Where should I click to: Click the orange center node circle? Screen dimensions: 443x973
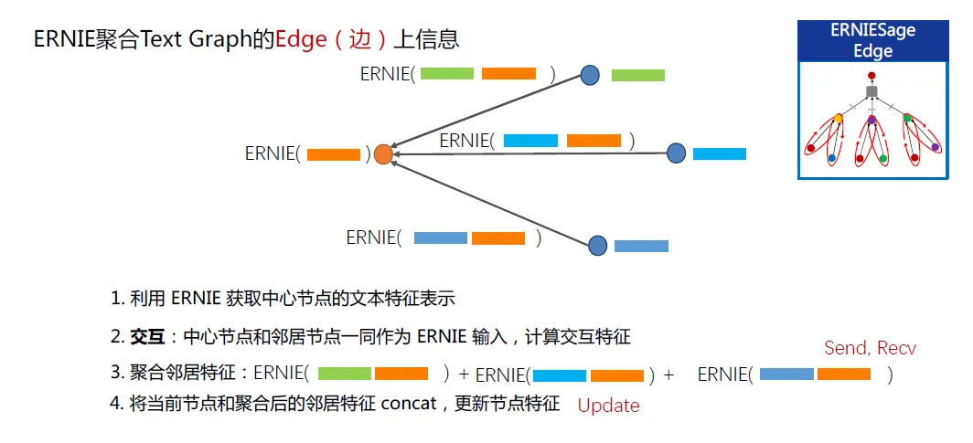coord(383,154)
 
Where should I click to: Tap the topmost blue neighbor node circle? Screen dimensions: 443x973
coord(591,75)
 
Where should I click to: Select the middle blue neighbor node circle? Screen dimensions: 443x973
coord(676,153)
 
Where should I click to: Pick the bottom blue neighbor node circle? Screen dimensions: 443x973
coord(598,245)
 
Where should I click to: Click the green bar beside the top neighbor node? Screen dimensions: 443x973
coord(637,76)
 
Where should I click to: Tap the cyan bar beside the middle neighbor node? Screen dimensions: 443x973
coord(720,153)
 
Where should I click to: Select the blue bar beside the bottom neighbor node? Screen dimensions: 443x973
coord(641,246)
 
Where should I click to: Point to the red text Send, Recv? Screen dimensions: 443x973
coord(870,348)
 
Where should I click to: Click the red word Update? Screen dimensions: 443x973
coord(608,406)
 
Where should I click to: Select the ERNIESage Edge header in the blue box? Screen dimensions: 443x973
coord(872,41)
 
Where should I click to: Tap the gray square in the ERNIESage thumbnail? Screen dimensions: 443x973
coord(872,92)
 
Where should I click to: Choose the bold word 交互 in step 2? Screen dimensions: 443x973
coord(147,337)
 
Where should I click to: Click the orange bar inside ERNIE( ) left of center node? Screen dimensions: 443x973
coord(334,154)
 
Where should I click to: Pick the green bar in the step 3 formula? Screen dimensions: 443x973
coord(344,374)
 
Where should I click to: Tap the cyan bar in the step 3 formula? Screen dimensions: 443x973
coord(560,374)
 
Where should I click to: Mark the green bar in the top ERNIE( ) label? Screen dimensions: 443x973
coord(447,74)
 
